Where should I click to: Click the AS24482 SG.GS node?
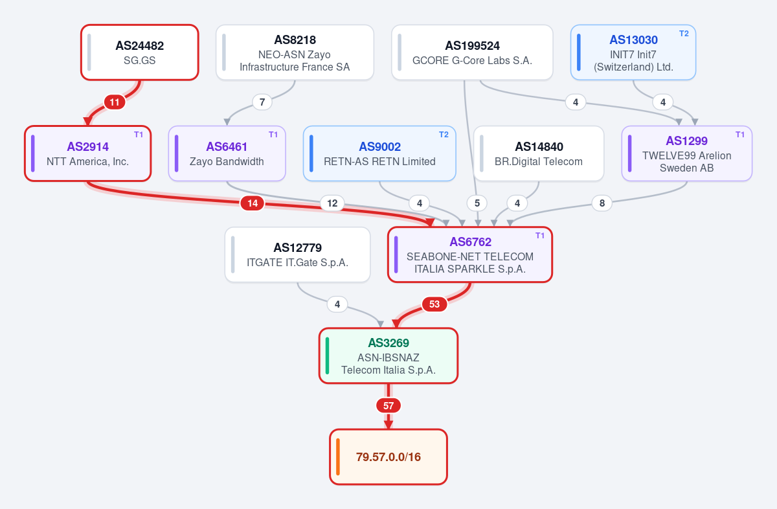(140, 52)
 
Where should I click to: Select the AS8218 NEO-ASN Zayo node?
(295, 52)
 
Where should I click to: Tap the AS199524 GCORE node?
(472, 52)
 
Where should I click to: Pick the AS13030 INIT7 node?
(633, 52)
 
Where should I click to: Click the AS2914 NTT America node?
(88, 153)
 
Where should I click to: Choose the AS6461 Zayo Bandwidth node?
(227, 153)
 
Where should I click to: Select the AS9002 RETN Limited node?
(379, 153)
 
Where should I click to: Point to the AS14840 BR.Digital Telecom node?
(539, 153)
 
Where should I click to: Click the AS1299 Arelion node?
(687, 153)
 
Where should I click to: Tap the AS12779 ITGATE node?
(298, 254)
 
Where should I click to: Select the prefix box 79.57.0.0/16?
(388, 457)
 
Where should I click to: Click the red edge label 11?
(115, 102)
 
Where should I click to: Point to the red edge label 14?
(253, 203)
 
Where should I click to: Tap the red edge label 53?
(434, 304)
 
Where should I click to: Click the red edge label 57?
(388, 405)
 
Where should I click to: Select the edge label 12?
(332, 203)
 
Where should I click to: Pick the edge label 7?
(262, 102)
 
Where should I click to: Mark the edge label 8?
(602, 203)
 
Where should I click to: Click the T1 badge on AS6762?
(540, 236)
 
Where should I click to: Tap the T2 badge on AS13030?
(684, 34)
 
